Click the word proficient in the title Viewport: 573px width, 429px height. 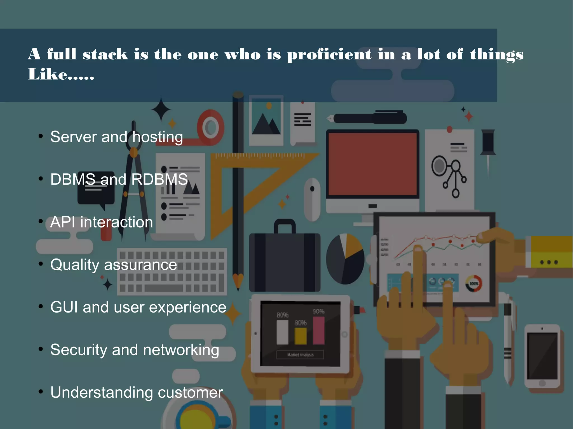(329, 54)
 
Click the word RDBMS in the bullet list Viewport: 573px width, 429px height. (159, 179)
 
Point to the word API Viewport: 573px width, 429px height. (63, 222)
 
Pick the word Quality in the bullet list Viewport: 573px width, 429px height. (74, 265)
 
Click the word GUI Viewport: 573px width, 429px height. (64, 307)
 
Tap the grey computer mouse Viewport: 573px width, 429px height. (312, 199)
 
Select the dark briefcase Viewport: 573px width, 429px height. (285, 261)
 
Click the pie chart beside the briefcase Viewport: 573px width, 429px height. (345, 259)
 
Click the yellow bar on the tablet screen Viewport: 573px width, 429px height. (300, 336)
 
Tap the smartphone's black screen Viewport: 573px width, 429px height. (542, 356)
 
